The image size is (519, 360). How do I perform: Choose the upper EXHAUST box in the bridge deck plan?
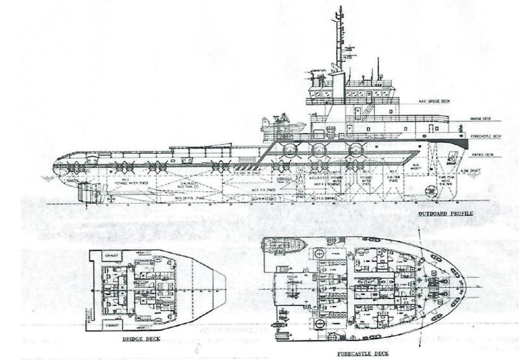point(111,256)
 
